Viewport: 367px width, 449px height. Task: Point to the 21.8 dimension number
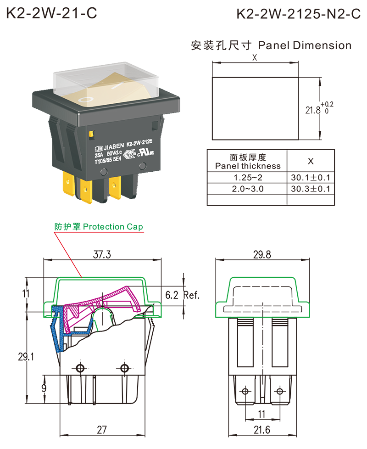[313, 110]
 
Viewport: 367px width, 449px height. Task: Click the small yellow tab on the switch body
[91, 134]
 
